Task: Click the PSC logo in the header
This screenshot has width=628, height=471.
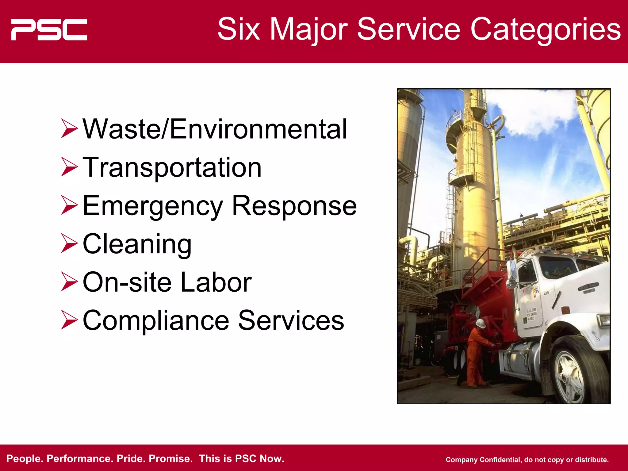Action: (x=49, y=29)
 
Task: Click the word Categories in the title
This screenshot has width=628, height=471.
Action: (x=546, y=29)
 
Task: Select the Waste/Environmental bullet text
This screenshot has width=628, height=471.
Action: (x=215, y=129)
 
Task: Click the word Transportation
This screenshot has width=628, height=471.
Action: (x=172, y=167)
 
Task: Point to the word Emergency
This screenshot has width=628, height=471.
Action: (x=152, y=206)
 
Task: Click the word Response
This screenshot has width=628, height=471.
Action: (x=294, y=206)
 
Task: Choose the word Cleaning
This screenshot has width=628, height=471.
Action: (x=137, y=244)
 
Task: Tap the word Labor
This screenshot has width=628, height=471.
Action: (x=216, y=282)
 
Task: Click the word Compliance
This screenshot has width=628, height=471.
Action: (x=156, y=320)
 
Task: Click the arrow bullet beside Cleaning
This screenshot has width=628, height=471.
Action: (x=69, y=243)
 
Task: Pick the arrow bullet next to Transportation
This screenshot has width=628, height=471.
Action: (x=69, y=167)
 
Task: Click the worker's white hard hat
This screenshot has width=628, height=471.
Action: (x=481, y=323)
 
